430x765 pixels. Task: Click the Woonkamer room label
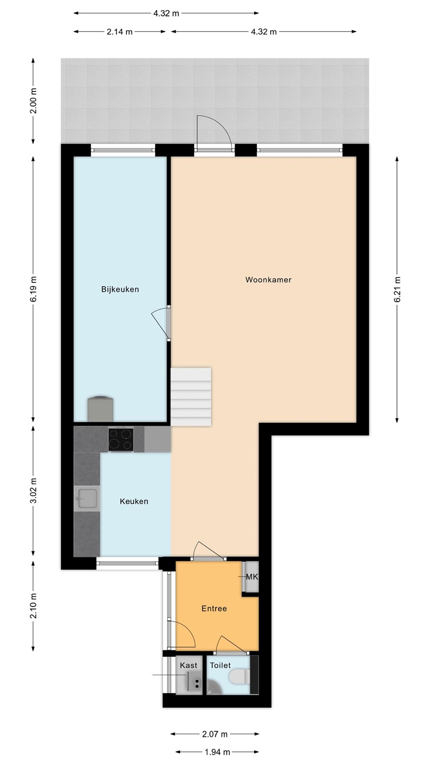click(x=268, y=279)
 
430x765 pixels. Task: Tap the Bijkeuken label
click(x=120, y=289)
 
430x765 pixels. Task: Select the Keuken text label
click(x=134, y=501)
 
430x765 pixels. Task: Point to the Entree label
click(x=214, y=608)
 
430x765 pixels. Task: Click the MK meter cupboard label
click(x=252, y=577)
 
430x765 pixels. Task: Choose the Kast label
click(x=188, y=665)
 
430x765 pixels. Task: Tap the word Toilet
click(x=220, y=665)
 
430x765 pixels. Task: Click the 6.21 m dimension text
click(x=397, y=289)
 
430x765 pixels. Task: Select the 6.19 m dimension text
click(x=33, y=289)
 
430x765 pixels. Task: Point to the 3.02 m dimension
click(x=33, y=490)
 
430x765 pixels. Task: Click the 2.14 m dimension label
click(x=119, y=32)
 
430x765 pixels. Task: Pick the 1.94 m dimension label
click(x=217, y=752)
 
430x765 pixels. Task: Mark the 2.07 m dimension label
click(x=214, y=734)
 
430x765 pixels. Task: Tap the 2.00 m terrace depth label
click(x=33, y=101)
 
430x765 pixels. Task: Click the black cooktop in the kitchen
click(x=121, y=439)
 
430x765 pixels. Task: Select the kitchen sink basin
click(x=86, y=498)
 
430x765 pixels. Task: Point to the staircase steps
click(x=191, y=396)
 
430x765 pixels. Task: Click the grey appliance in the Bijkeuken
click(x=101, y=409)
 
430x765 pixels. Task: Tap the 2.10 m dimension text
click(x=33, y=606)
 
